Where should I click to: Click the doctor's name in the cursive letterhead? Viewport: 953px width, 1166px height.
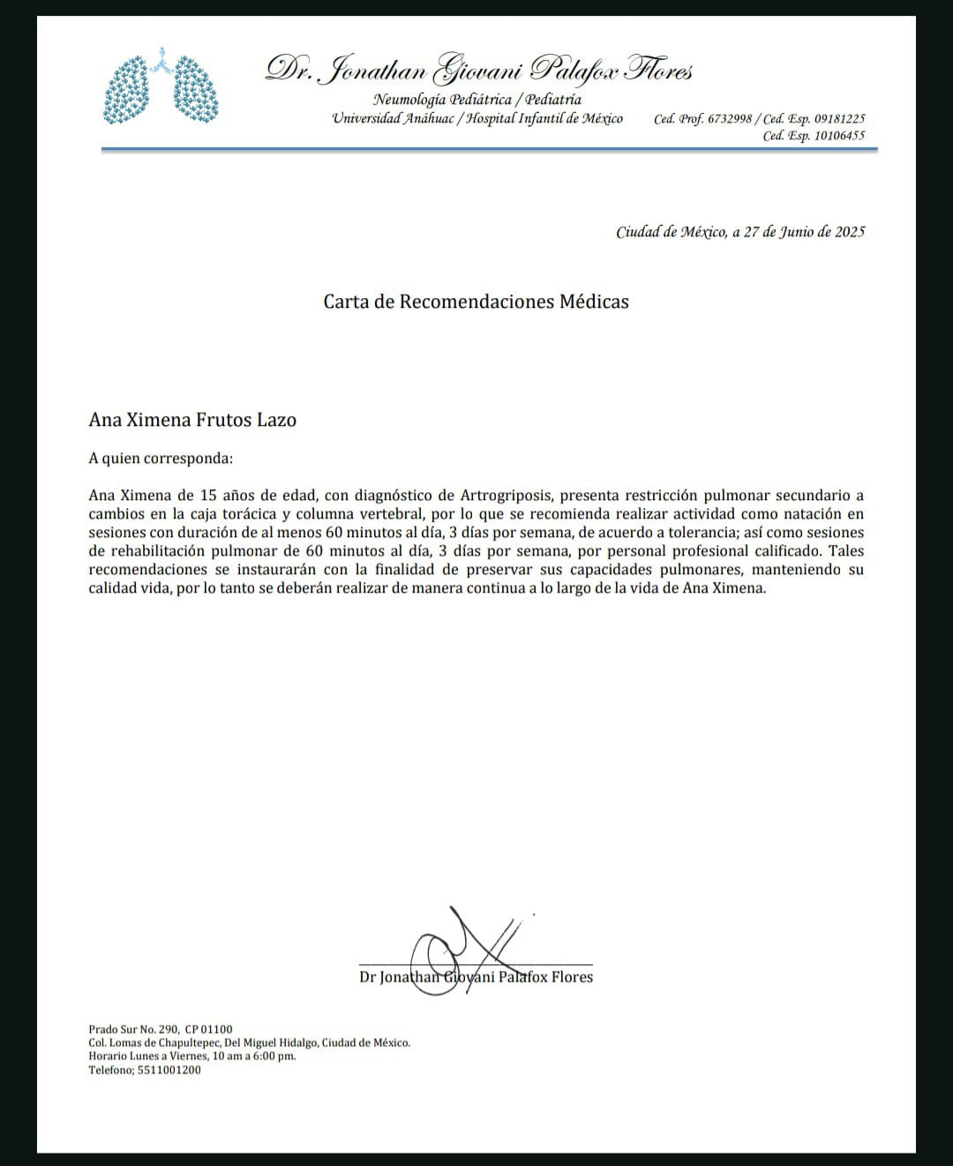[x=479, y=70]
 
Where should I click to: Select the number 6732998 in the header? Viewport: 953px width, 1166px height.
[x=728, y=119]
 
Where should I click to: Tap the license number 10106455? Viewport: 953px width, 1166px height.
[x=839, y=136]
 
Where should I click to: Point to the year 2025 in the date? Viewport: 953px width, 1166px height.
[x=850, y=232]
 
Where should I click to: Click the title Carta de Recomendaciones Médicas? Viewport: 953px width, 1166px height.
[x=476, y=302]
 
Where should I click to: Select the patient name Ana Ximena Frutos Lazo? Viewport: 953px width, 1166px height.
[x=192, y=420]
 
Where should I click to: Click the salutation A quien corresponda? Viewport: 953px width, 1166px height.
[x=161, y=459]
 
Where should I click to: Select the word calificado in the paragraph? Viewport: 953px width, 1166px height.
[x=783, y=551]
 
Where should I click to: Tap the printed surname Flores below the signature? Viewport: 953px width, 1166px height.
[x=572, y=977]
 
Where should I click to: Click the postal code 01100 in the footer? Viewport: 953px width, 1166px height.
[x=217, y=1029]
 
